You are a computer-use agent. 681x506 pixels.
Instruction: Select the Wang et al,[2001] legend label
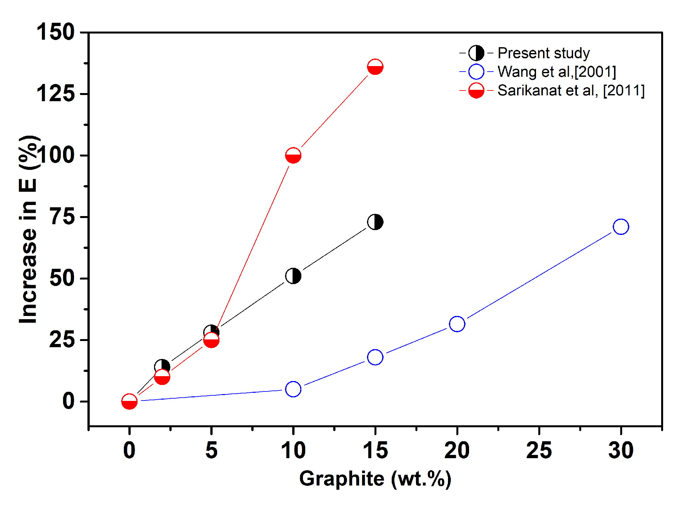pos(557,72)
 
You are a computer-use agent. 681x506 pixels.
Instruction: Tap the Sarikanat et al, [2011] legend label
pos(571,90)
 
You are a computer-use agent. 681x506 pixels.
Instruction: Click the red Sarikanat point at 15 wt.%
pos(375,67)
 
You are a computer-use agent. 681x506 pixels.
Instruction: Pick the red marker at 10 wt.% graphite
pos(293,156)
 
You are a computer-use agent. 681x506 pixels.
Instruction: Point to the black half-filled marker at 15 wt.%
pos(375,222)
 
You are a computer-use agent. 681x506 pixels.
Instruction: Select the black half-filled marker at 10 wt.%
pos(293,276)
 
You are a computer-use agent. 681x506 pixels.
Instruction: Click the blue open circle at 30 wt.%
pos(621,226)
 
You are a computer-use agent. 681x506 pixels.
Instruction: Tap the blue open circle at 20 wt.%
pos(457,324)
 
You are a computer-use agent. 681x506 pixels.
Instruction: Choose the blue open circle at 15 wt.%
pos(375,357)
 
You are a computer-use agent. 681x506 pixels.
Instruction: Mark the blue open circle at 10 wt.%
pos(293,389)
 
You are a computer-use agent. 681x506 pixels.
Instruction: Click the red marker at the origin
pos(129,402)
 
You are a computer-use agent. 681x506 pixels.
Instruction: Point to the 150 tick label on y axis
pos(56,32)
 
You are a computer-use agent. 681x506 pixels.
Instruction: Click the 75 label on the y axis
pos(63,217)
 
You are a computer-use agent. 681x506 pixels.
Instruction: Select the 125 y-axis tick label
pos(56,94)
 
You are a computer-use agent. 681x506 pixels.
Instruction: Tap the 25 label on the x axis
pos(539,450)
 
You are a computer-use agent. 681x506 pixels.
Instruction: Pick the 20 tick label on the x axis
pos(457,450)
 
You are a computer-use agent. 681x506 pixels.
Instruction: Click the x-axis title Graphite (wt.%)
pos(375,479)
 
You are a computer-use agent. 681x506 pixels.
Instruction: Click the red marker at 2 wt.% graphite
pos(162,377)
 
